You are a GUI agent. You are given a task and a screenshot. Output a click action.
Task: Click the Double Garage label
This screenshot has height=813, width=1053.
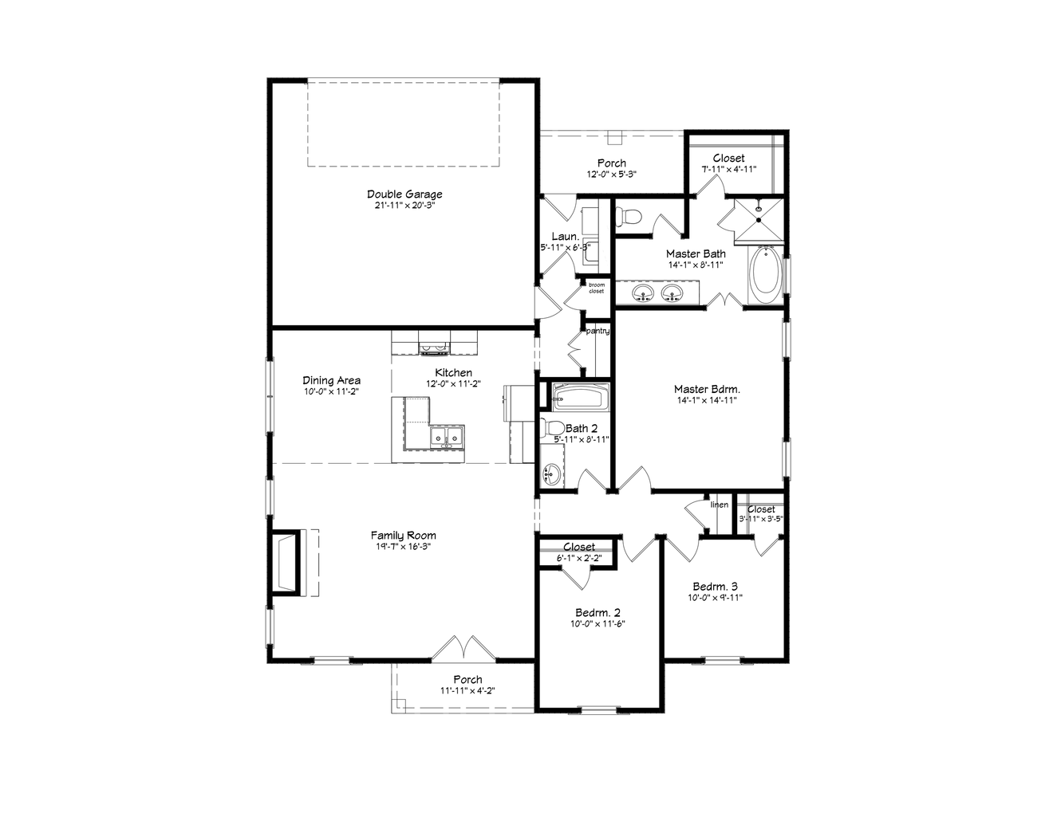point(404,194)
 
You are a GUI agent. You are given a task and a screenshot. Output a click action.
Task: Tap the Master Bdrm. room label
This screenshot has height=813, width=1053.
point(707,390)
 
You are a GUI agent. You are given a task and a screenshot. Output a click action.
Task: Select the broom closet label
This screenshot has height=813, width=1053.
point(597,288)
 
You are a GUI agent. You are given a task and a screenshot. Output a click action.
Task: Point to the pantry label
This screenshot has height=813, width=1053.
point(598,331)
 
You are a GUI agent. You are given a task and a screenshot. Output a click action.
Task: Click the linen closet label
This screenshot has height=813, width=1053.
point(720,505)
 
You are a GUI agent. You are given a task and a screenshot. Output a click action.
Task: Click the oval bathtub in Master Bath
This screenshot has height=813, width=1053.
point(765,275)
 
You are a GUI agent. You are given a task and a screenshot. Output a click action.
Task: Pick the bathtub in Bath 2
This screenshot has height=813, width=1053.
point(581,395)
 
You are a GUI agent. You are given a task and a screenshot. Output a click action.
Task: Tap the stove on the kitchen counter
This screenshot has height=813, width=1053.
point(435,346)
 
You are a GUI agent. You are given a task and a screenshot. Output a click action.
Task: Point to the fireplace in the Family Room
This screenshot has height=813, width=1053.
point(286,562)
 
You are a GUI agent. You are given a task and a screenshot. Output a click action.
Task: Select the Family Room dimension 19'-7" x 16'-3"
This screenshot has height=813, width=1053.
point(403,547)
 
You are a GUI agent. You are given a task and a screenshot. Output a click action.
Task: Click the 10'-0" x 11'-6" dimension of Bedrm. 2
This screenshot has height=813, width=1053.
point(598,624)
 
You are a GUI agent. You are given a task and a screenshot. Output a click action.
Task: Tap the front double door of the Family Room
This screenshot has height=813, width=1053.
point(464,648)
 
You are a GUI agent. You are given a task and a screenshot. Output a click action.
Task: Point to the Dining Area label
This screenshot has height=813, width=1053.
point(331,380)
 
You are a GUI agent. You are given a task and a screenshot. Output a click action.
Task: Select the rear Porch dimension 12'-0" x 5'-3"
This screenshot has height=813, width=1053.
point(611,174)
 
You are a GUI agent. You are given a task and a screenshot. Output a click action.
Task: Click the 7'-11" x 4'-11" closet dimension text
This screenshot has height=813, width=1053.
point(728,169)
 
